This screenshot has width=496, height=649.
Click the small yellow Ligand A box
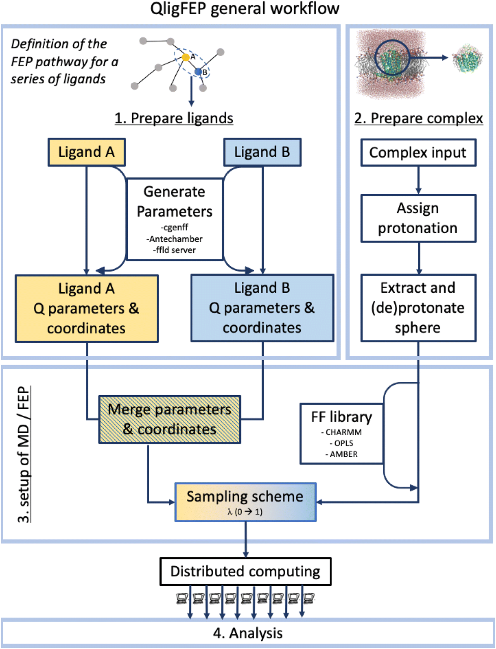coord(87,152)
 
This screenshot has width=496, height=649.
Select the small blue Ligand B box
coord(262,152)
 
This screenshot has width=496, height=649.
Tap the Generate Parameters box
coord(174,219)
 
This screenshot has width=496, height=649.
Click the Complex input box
coord(418,153)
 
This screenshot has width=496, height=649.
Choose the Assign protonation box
coord(418,218)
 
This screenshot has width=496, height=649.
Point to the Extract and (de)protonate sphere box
coord(418,308)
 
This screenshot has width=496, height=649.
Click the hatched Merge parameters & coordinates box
coord(169,420)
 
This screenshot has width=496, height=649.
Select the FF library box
coord(341,433)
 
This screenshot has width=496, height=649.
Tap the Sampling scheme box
coord(245,502)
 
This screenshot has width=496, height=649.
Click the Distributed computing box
coord(245,572)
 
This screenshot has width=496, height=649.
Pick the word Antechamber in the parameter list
coord(174,239)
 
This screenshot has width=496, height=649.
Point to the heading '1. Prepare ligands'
coord(174,118)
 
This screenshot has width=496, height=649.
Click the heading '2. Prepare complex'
coord(418,118)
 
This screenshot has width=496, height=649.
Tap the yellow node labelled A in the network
coord(186,57)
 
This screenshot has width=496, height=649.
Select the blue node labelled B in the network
coord(198,72)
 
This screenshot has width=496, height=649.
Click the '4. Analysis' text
coord(248,633)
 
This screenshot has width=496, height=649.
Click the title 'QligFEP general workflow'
coord(245,8)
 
